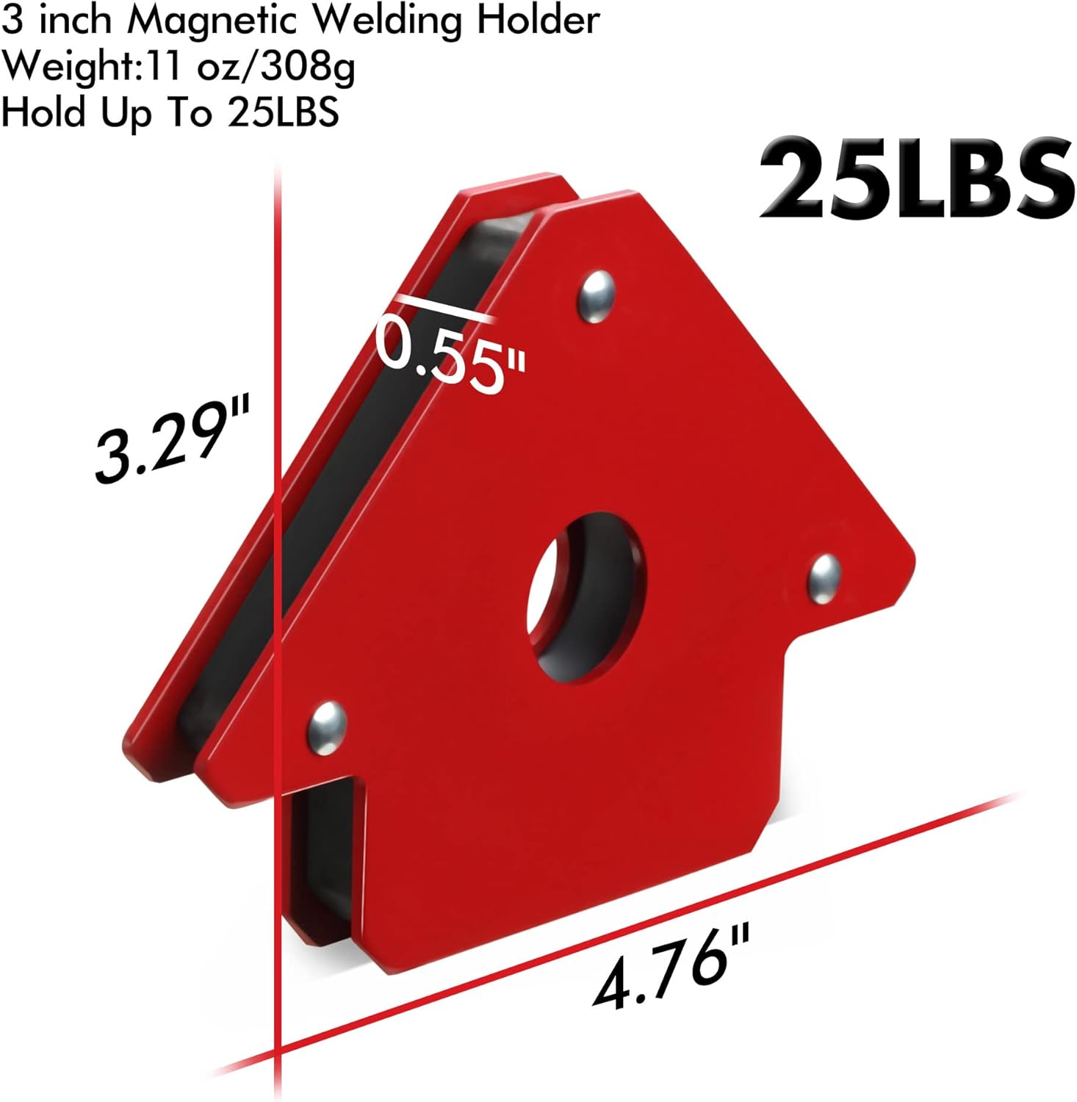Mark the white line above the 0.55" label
444,307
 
